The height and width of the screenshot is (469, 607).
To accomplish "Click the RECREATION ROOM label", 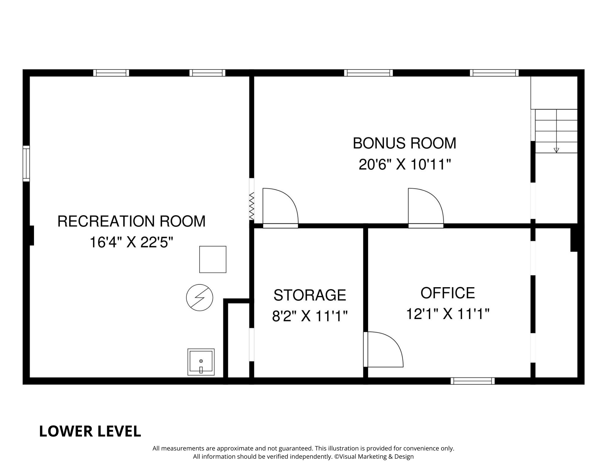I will coord(131,221).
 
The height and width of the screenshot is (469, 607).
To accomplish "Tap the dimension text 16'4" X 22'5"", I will coord(131,243).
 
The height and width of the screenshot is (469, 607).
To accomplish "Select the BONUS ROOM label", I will coord(404,143).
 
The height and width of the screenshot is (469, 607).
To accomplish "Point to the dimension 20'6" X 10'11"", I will coord(404,165).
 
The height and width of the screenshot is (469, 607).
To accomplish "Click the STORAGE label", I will coord(310,295).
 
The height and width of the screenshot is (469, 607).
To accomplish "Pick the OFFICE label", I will coord(447,293).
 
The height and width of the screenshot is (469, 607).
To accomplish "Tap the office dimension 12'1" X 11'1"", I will coord(447,314).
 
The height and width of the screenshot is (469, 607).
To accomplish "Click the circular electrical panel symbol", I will coord(199,297).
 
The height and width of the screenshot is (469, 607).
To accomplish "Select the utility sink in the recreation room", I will coord(201,362).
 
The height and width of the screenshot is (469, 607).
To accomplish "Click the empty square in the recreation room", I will coord(212,259).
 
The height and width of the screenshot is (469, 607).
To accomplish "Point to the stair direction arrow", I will coord(556,150).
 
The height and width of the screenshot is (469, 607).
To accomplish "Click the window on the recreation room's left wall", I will coord(26,164).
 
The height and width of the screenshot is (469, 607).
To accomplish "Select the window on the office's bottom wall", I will coord(472,381).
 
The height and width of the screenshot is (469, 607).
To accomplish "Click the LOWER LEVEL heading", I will coord(90,431).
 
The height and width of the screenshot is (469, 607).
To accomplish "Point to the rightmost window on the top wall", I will coord(494,73).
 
